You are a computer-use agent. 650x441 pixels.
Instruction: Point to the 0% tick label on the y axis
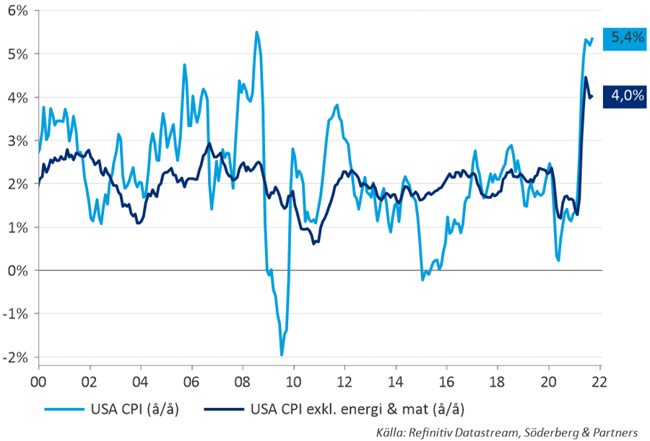click(x=17, y=271)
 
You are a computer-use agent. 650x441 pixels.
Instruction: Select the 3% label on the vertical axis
click(x=17, y=141)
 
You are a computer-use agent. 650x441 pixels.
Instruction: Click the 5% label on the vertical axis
click(x=17, y=54)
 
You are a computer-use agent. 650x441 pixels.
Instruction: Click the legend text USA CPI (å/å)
click(x=134, y=411)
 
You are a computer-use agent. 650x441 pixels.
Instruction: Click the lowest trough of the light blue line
click(x=282, y=355)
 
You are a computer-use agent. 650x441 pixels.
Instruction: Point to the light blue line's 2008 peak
click(x=256, y=32)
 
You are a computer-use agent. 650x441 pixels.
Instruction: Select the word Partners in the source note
click(x=614, y=432)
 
